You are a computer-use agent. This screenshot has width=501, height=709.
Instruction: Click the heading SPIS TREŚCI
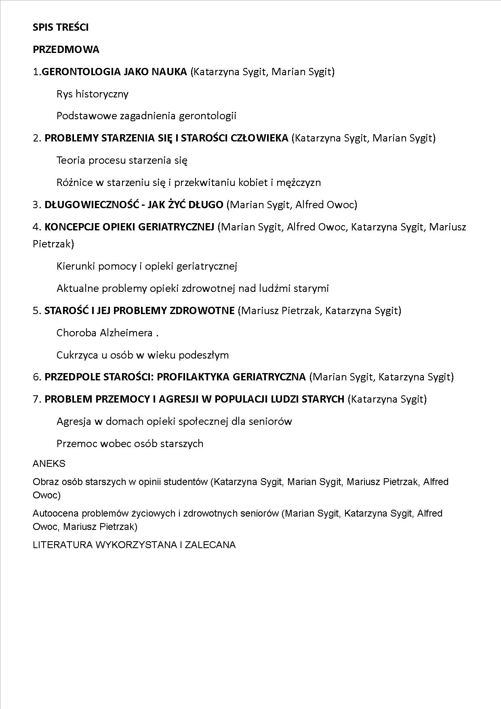(x=61, y=27)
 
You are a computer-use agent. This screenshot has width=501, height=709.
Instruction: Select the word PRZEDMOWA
(x=66, y=50)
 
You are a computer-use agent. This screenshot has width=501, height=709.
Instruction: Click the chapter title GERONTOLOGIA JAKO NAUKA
(x=114, y=72)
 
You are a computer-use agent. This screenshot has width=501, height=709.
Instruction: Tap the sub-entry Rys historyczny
(x=93, y=94)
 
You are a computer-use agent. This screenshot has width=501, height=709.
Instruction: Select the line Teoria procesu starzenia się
(x=122, y=160)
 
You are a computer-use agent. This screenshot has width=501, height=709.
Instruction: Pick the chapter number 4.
(x=36, y=227)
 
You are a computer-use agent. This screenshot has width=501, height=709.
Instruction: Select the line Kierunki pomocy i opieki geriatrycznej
(x=147, y=266)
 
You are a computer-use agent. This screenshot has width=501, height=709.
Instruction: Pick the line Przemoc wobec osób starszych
(x=130, y=443)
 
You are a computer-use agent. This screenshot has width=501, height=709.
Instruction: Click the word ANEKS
(x=49, y=464)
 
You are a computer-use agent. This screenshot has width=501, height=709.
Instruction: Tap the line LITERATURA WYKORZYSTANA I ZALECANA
(x=134, y=545)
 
